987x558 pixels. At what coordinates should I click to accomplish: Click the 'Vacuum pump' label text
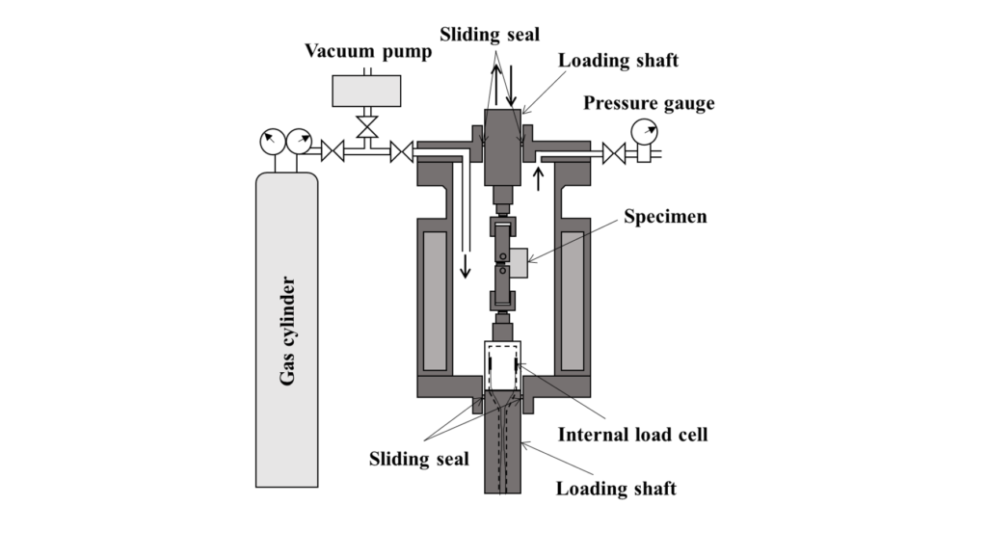pos(369,51)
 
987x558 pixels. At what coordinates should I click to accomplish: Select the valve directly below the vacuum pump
pos(366,126)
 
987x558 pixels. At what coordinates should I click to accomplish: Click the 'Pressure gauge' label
pos(649,103)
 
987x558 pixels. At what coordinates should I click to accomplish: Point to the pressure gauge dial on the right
pos(643,130)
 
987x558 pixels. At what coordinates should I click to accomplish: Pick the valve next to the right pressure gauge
pos(613,151)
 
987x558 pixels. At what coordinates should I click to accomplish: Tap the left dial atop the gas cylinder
pos(272,143)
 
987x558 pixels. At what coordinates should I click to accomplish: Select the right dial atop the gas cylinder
pos(299,143)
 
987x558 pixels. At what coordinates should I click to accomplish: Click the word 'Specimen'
pos(665,216)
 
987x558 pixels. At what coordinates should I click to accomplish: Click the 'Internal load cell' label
pos(632,435)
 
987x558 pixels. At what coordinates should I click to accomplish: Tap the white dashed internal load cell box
pos(502,366)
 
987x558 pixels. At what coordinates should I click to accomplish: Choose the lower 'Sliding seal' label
pos(418,458)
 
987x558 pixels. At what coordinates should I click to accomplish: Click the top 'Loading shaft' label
pos(619,60)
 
